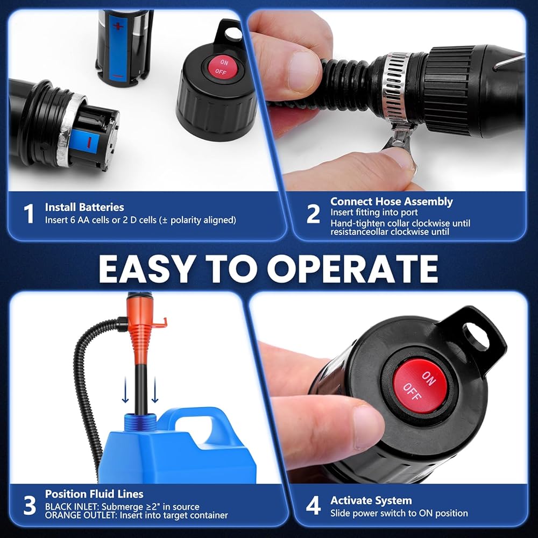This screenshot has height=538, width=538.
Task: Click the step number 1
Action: click(29, 214)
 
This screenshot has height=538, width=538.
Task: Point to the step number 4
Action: click(313, 505)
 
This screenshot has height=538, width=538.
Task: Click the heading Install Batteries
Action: click(84, 207)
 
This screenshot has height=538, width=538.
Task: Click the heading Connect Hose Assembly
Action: click(392, 201)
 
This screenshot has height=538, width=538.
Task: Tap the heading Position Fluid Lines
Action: click(94, 494)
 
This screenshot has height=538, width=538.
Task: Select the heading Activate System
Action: click(371, 500)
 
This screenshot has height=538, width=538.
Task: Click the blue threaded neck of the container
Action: click(140, 420)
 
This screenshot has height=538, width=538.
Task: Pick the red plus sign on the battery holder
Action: click(118, 26)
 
